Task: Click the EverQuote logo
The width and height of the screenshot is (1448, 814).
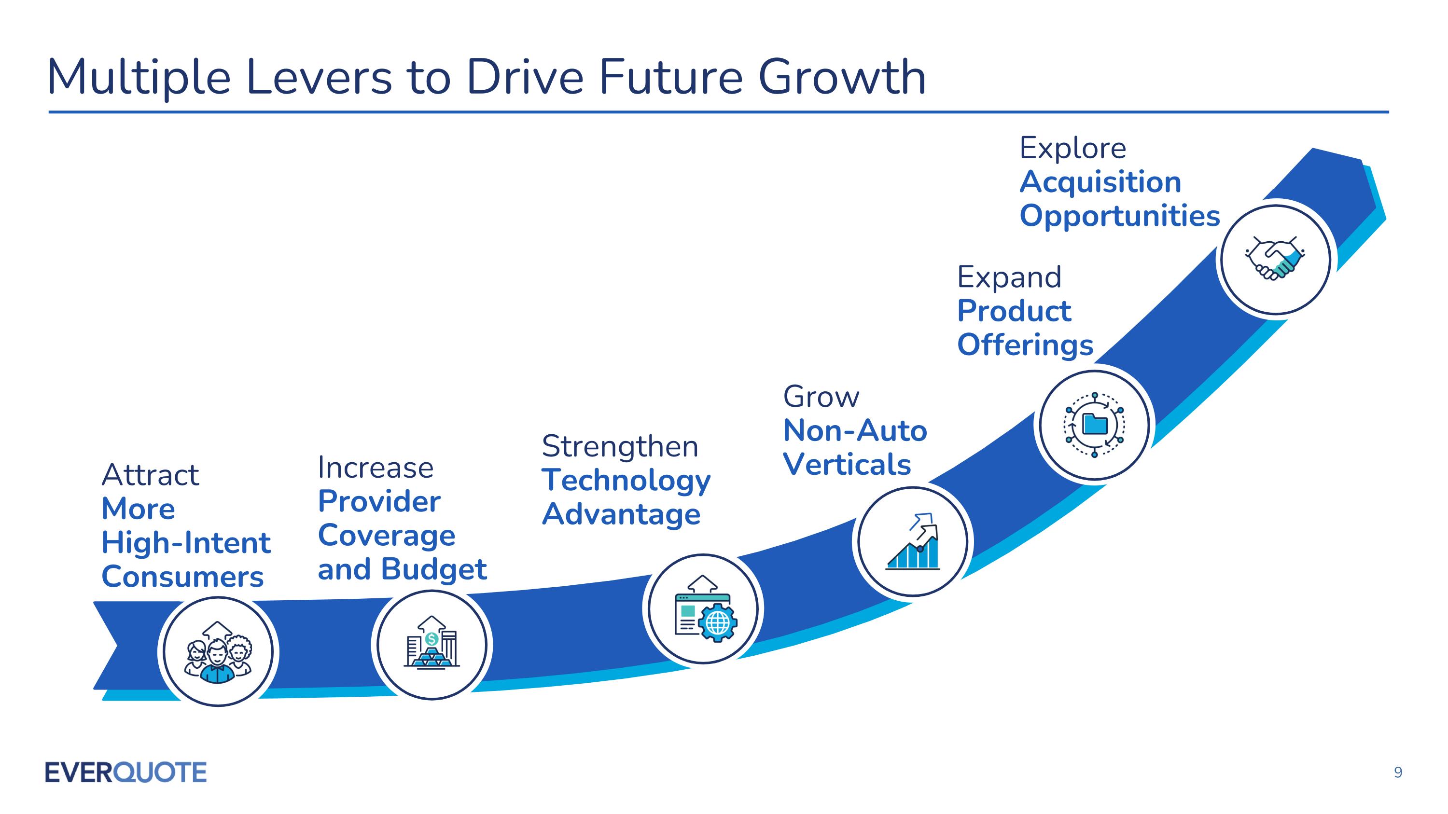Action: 125,772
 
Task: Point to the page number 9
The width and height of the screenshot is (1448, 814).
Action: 1398,773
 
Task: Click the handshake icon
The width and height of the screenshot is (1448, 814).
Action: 1275,259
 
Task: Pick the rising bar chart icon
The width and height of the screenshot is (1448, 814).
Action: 913,543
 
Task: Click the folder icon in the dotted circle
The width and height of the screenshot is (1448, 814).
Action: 1094,425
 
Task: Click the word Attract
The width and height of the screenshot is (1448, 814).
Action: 150,475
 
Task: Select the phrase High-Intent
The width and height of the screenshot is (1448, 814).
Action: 186,543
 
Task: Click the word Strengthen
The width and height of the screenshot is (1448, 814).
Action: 619,447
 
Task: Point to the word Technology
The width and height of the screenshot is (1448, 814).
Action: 626,481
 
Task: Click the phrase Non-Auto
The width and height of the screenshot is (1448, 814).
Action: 855,431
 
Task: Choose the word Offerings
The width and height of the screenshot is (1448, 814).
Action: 1025,345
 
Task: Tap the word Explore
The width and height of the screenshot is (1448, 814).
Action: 1072,148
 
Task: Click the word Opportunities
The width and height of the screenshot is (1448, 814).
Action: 1120,216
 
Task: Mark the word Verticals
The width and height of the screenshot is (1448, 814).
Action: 847,465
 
